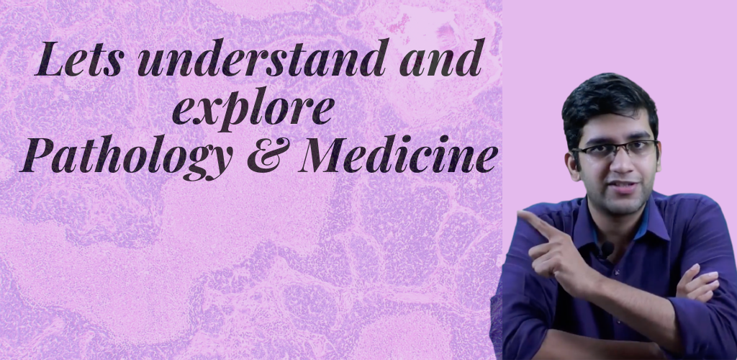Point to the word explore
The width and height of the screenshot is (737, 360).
coord(253,109)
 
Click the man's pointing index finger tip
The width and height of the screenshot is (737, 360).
coord(520,215)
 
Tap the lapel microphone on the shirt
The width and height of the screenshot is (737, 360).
coord(607,249)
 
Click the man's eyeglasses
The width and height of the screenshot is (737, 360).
coord(614,151)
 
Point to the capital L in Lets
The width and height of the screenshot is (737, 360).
coord(49,59)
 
